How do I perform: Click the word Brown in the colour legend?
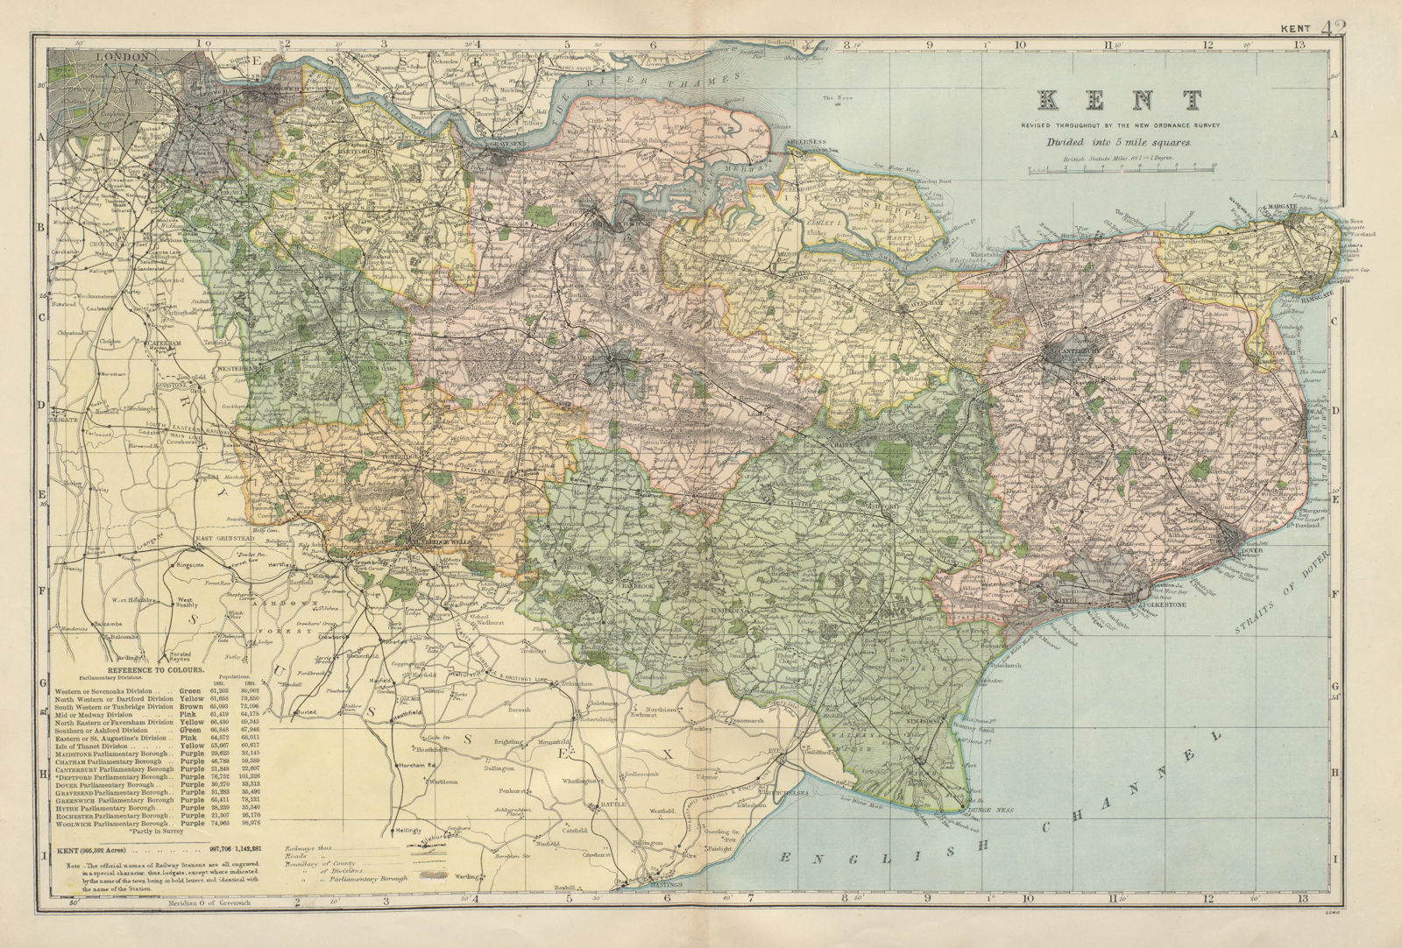[x=189, y=706]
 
